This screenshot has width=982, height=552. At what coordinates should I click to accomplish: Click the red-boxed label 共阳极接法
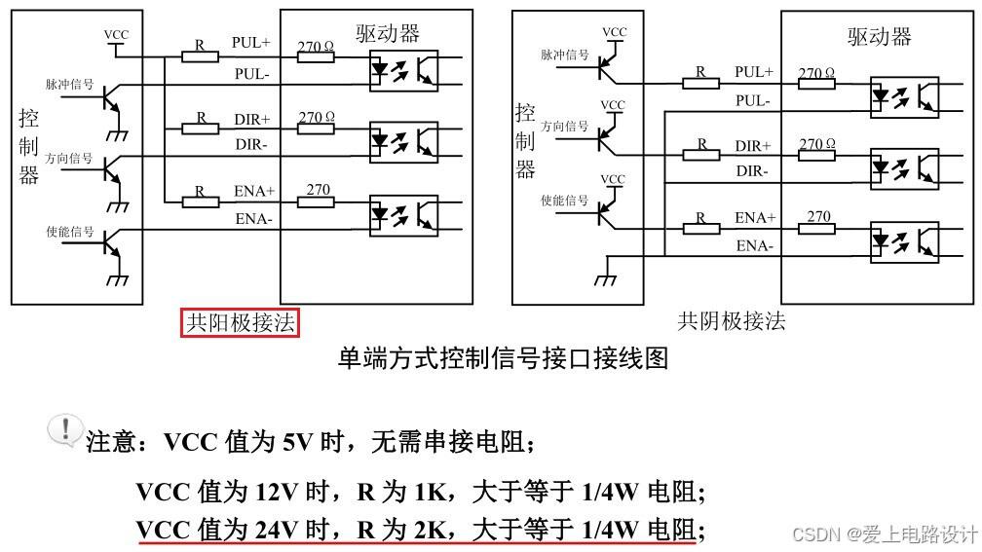240,322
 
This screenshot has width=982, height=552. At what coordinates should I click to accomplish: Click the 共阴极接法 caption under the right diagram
732,321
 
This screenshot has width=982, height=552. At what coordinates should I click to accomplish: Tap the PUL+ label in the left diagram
251,43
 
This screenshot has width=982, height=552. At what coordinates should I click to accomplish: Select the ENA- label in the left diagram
254,220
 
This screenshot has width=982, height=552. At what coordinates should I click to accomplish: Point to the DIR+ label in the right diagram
753,146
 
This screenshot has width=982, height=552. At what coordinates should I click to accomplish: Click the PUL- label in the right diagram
753,100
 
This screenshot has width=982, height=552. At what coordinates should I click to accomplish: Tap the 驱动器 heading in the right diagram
879,37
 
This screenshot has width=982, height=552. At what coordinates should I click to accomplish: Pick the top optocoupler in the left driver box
402,67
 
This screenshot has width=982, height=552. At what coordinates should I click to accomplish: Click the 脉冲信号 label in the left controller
69,85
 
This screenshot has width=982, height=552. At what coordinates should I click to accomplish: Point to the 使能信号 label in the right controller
564,201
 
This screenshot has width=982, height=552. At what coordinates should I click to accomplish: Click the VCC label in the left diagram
116,35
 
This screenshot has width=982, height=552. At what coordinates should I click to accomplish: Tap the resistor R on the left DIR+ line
201,129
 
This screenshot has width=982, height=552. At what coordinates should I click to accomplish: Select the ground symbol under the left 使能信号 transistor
118,279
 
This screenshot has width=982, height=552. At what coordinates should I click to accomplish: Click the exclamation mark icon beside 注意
65,429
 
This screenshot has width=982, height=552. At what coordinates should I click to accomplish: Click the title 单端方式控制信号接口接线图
502,358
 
